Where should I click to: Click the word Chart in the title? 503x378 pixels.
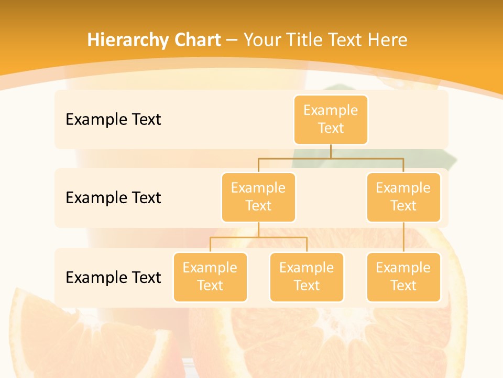click(196, 40)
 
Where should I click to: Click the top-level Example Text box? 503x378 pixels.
click(331, 120)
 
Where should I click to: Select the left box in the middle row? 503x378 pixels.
click(258, 197)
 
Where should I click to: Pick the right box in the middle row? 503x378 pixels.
click(403, 197)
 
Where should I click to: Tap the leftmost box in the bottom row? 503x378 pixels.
click(210, 277)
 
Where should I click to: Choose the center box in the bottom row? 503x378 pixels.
click(307, 277)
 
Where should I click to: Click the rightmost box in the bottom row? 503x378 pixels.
click(403, 277)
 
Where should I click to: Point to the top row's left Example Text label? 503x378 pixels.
click(113, 120)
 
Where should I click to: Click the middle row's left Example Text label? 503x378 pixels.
click(113, 198)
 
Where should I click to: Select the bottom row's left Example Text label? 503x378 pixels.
click(113, 277)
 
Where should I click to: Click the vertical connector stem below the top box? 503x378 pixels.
click(331, 151)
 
